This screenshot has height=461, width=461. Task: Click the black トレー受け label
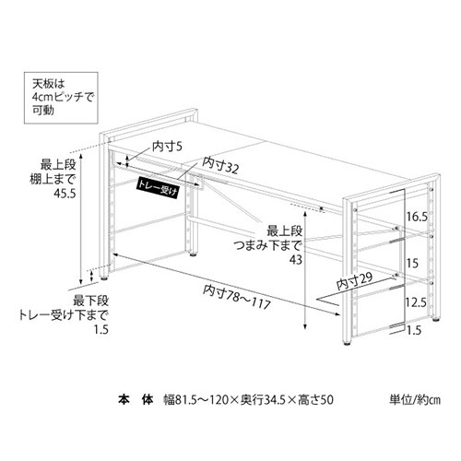pyautogui.click(x=158, y=188)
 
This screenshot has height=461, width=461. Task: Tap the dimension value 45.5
pyautogui.click(x=65, y=194)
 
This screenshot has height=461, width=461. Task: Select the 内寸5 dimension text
pyautogui.click(x=168, y=147)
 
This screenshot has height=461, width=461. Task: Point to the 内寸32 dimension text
pyautogui.click(x=220, y=165)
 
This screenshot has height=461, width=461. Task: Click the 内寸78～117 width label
pyautogui.click(x=237, y=297)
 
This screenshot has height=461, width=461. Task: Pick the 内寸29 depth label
pyautogui.click(x=354, y=281)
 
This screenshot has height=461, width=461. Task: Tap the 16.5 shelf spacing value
pyautogui.click(x=418, y=217)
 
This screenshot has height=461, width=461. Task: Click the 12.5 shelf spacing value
pyautogui.click(x=416, y=302)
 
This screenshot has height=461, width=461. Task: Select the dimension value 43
pyautogui.click(x=296, y=260)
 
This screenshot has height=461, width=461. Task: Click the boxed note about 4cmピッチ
pyautogui.click(x=61, y=98)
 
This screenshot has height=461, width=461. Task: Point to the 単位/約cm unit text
pyautogui.click(x=415, y=400)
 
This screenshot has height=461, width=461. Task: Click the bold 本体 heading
pyautogui.click(x=136, y=400)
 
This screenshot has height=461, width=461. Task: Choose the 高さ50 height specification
pyautogui.click(x=315, y=400)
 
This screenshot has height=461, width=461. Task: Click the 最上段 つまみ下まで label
pyautogui.click(x=268, y=238)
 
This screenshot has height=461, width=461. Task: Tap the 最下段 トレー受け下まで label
pyautogui.click(x=64, y=308)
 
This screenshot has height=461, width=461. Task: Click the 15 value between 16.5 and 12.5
pyautogui.click(x=412, y=263)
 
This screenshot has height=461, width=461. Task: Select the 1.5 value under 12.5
pyautogui.click(x=414, y=330)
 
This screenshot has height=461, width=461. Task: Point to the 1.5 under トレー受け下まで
pyautogui.click(x=101, y=330)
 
